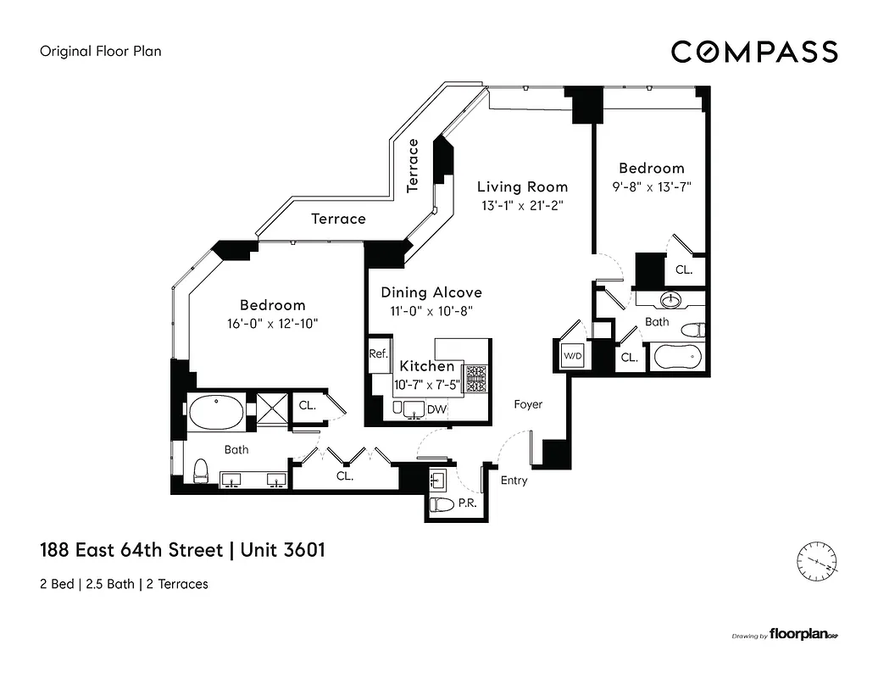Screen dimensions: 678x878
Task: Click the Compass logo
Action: (754, 52)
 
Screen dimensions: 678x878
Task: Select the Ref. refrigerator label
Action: (378, 355)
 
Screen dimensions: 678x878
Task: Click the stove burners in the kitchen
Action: (475, 378)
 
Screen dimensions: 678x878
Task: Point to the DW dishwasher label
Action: (437, 410)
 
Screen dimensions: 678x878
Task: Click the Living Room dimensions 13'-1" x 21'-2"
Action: (522, 206)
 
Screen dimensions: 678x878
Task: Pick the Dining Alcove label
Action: (431, 292)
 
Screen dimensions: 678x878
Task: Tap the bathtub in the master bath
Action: (216, 413)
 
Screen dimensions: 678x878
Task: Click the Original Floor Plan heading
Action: (101, 51)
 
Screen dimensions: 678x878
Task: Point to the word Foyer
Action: (528, 405)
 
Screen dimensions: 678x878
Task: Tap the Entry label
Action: (514, 481)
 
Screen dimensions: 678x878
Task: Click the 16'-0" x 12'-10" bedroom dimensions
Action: (272, 323)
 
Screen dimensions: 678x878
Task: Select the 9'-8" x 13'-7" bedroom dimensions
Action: (650, 187)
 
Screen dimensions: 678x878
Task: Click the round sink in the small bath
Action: (670, 300)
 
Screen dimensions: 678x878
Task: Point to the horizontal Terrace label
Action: (338, 219)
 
